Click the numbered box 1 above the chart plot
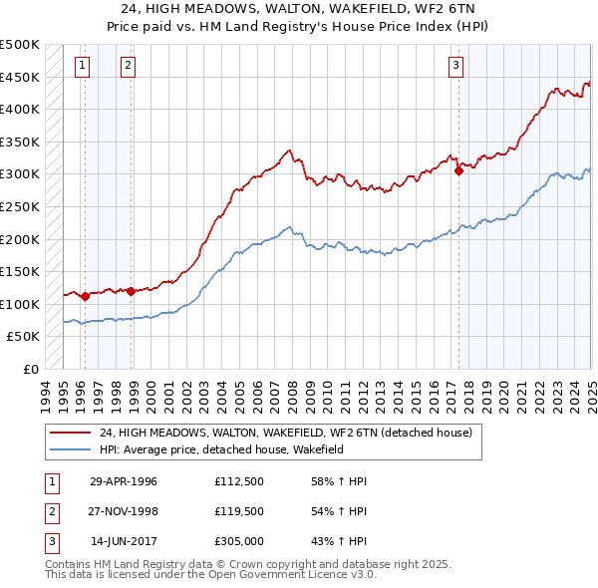coord(81,67)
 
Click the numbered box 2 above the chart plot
coord(128,67)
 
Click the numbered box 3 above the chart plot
coord(455,67)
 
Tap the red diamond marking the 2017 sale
coord(458,170)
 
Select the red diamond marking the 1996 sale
coord(86,296)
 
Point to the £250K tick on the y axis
coord(21,206)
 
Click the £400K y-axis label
coord(21,109)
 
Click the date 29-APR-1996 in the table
coord(124,481)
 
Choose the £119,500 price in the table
coord(238,511)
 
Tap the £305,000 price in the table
coord(238,541)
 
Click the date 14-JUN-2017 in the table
coord(124,541)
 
